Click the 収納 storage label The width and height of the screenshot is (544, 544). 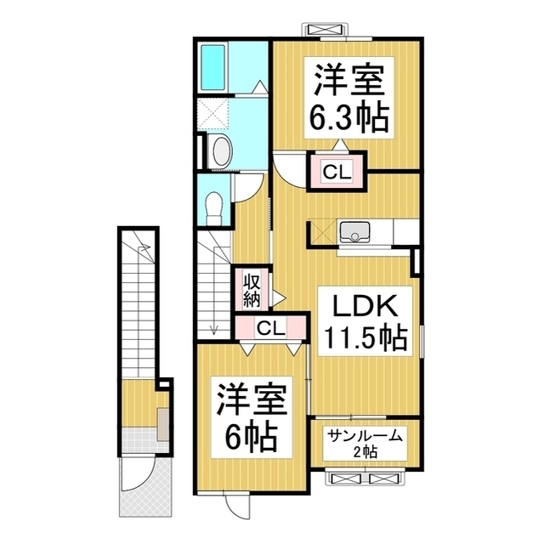[252, 290]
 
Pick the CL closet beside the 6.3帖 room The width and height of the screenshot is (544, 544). [336, 172]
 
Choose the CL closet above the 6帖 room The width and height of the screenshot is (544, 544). [271, 327]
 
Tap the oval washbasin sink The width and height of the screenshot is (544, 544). [220, 151]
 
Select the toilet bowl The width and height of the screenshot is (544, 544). [215, 206]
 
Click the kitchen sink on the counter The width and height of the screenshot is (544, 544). [354, 231]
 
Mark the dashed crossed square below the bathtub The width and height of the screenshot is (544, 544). [212, 113]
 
